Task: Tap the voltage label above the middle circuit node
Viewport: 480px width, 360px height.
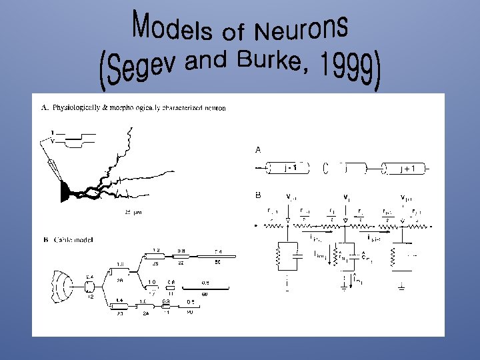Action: point(346,197)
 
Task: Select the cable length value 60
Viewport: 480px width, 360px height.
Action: point(204,293)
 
